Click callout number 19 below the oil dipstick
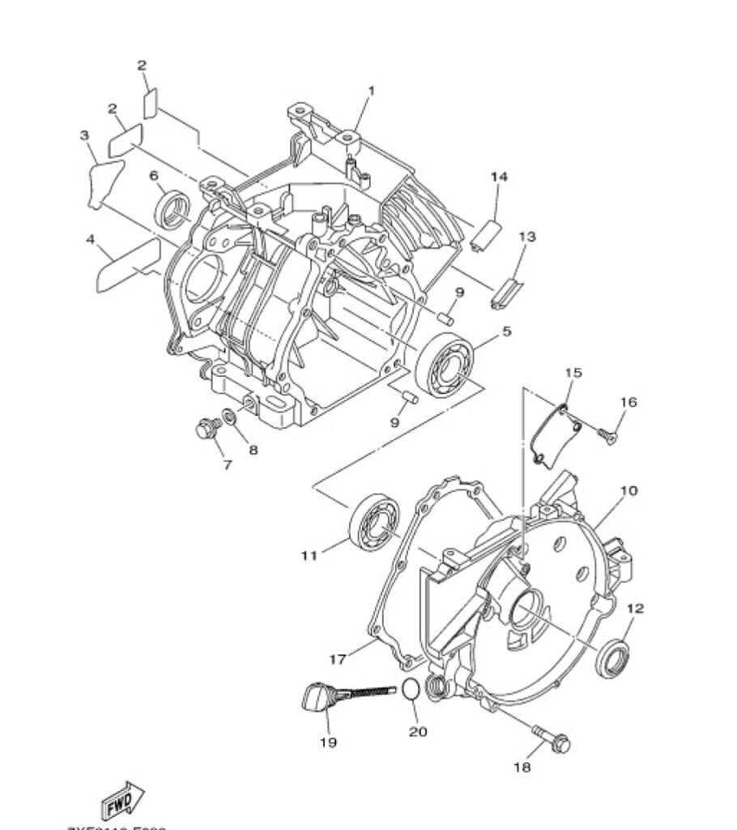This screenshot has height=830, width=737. pyautogui.click(x=328, y=742)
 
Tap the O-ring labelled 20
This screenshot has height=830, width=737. pyautogui.click(x=411, y=690)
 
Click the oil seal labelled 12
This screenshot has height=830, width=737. pyautogui.click(x=613, y=657)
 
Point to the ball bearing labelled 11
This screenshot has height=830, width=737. pyautogui.click(x=373, y=521)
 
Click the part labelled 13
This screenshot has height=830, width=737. pyautogui.click(x=506, y=291)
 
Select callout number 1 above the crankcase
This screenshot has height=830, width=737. pyautogui.click(x=372, y=91)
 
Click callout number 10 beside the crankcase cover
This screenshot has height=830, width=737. pyautogui.click(x=628, y=490)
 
